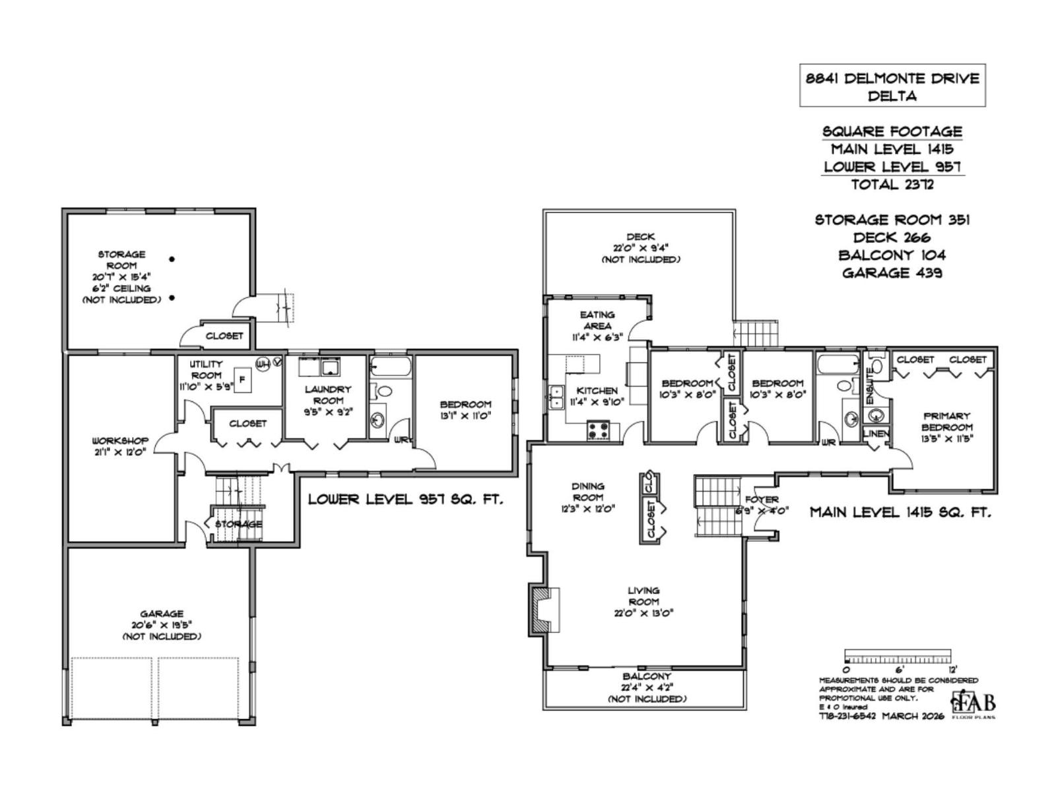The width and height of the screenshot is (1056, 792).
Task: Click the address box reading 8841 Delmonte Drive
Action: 892,86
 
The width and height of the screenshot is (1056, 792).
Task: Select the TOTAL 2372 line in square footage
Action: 892,185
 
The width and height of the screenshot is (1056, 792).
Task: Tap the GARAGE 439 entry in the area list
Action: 892,273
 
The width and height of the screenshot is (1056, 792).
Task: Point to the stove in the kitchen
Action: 599,431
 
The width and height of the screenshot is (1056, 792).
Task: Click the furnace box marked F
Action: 242,379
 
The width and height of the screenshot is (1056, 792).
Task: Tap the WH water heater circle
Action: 261,362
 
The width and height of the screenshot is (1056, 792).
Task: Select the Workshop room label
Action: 120,440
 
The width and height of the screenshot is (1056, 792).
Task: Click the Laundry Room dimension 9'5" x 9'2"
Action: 328,411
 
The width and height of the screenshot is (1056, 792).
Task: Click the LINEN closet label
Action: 876,434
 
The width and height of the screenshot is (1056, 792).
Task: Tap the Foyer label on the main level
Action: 762,500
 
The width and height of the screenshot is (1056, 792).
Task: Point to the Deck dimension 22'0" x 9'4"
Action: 640,248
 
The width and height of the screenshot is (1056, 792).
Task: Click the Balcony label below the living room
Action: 647,676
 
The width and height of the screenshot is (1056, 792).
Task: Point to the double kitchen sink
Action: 556,397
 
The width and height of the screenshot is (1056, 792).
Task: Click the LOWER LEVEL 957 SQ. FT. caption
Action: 405,500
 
